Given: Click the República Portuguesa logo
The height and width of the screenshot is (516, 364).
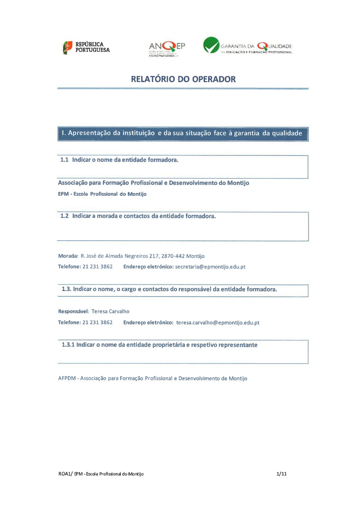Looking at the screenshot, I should point(86,47).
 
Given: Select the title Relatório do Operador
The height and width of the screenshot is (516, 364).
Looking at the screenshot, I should point(183,79).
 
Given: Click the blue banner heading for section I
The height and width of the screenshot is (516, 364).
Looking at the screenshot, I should point(182,133).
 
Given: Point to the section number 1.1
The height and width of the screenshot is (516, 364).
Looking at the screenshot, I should point(64,160).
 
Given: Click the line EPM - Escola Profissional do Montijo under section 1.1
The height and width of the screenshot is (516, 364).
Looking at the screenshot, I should point(102,194).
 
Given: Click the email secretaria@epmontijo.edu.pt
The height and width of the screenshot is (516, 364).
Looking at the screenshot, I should point(210,267).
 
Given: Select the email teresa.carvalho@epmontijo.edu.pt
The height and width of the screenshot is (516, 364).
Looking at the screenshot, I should point(218,323).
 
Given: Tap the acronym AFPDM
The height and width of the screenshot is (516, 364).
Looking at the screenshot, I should point(67,379).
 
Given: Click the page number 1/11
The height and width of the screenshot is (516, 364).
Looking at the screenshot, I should point(282,474).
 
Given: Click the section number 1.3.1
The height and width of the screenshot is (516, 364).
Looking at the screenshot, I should point(68,345).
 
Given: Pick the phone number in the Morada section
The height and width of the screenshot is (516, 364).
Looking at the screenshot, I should point(98,267).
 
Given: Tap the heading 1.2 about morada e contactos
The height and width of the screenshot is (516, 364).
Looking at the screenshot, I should point(138,216).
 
